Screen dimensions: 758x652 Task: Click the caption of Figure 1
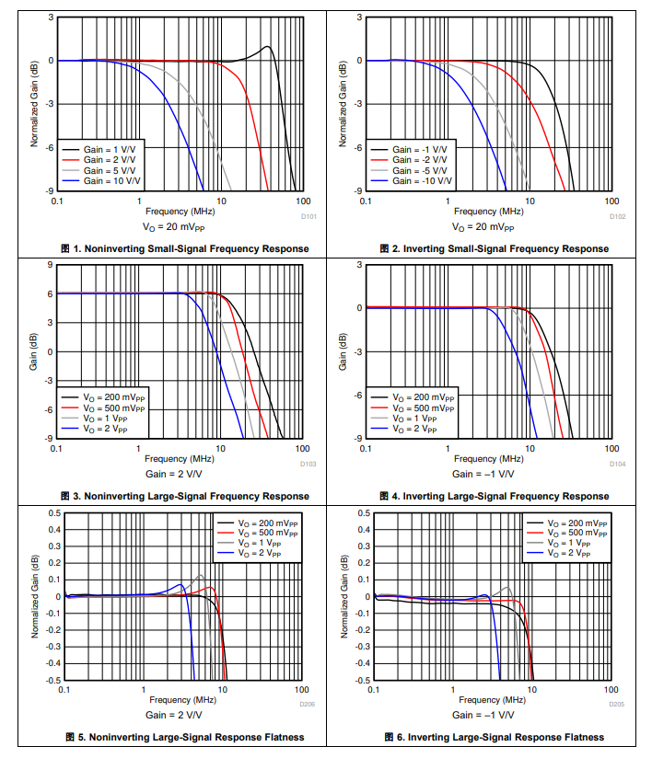click(184, 248)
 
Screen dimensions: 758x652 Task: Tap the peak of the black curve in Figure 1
click(267, 47)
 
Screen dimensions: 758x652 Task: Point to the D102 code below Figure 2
click(617, 217)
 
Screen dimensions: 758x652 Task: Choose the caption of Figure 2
click(494, 248)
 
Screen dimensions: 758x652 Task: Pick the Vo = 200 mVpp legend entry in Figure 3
click(113, 396)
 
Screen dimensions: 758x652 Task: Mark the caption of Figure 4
click(494, 497)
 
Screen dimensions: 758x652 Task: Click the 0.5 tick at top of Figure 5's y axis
click(53, 512)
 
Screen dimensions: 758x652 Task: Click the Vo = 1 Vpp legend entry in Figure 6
click(573, 544)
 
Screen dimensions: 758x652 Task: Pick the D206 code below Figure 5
click(308, 705)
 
